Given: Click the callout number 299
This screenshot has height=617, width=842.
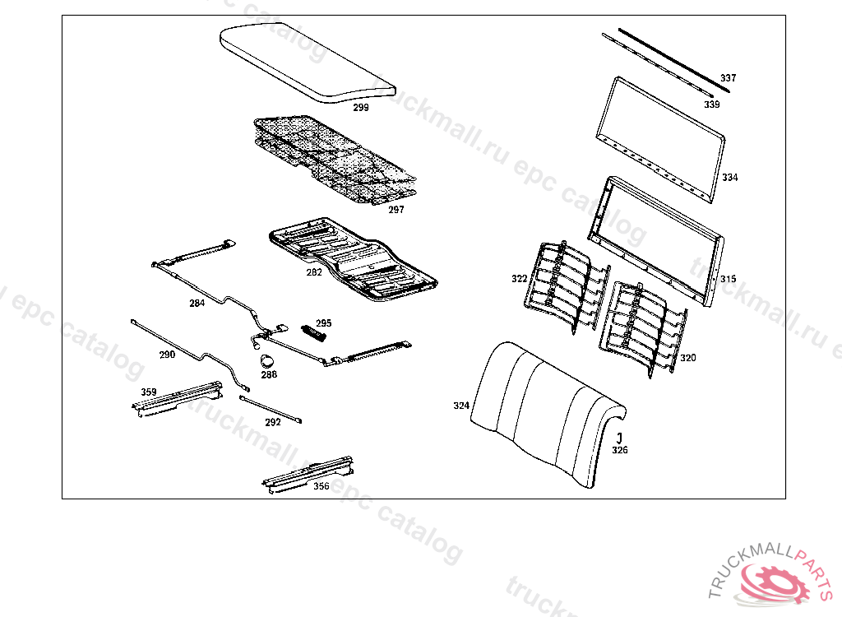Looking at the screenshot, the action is (361, 108).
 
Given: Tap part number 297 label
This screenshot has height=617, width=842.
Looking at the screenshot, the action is (396, 210).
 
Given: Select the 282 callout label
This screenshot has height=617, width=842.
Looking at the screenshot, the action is (314, 272).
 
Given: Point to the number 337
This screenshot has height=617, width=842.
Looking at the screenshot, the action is (729, 78).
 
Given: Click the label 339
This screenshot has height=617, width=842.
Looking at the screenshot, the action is (712, 104).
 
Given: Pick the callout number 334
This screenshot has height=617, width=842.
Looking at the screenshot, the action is (730, 178).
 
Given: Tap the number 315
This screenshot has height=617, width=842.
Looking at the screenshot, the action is (729, 279).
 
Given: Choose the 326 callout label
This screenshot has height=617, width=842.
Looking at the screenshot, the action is (620, 450).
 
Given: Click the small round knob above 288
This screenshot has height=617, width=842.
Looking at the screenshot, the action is (267, 360).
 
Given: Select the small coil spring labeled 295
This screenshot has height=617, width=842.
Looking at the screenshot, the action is (313, 332).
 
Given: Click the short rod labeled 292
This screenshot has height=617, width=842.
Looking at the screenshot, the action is (271, 410).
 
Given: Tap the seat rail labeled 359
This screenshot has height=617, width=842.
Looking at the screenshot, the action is (178, 399).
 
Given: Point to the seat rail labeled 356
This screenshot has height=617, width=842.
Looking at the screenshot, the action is (308, 474).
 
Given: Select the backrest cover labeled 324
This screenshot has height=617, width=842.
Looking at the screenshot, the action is (548, 414).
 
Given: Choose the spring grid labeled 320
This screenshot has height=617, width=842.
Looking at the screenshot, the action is (642, 329).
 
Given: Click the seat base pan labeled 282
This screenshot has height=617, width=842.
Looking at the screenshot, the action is (353, 258).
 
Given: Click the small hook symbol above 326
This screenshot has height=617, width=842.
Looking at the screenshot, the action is (619, 438).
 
